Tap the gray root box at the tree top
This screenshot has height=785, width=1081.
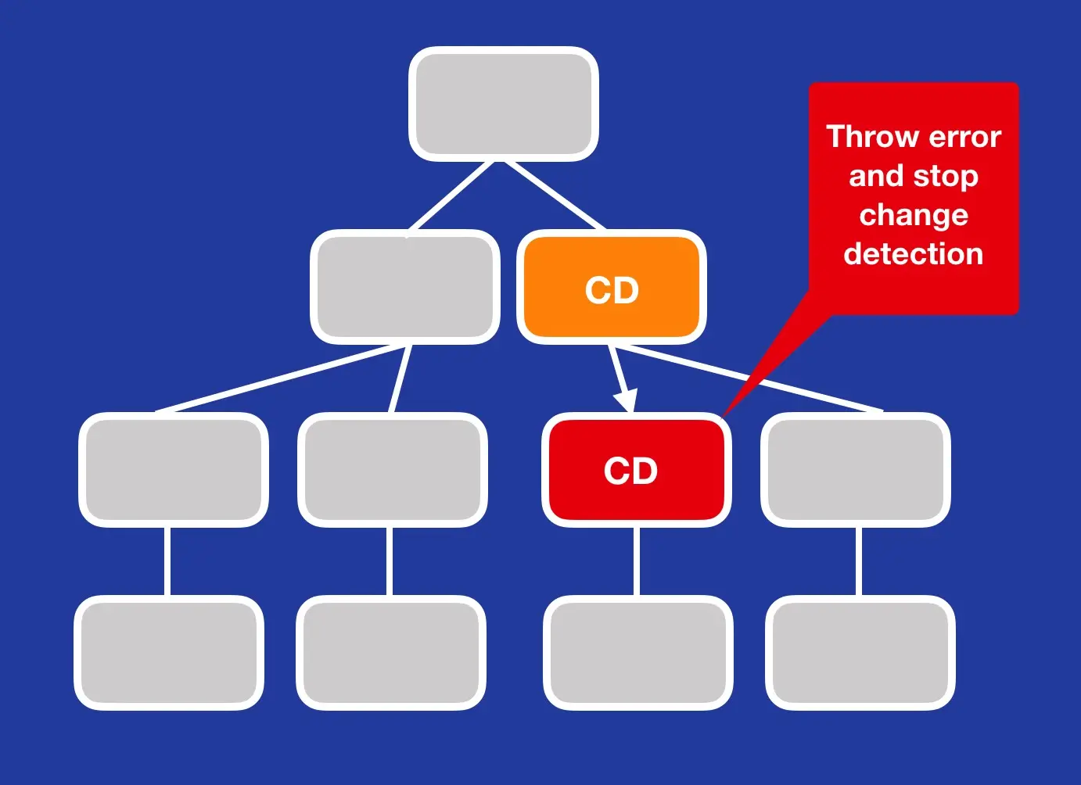point(503,104)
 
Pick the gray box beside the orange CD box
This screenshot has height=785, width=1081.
point(404,287)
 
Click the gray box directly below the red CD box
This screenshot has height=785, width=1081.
point(637,653)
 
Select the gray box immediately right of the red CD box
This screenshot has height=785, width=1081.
point(855,470)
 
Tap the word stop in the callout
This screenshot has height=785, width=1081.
point(946,177)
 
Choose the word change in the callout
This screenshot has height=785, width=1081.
point(914,215)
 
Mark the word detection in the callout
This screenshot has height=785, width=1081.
point(914,254)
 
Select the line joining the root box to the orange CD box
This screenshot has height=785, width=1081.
point(555,195)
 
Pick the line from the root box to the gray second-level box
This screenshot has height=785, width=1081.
point(452,195)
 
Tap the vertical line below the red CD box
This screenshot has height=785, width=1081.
point(637,561)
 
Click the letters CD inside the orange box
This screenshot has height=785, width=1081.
point(612,291)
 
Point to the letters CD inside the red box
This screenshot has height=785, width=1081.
point(630,471)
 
